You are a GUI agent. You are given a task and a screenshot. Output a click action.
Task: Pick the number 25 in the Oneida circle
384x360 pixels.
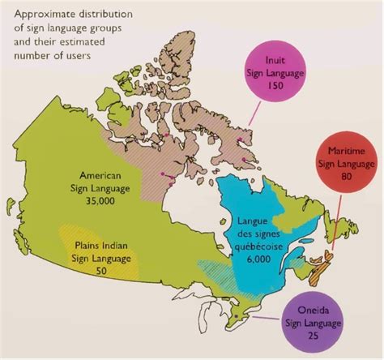click(x=312, y=336)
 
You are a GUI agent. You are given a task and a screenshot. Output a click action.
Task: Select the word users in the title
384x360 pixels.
click(x=81, y=54)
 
